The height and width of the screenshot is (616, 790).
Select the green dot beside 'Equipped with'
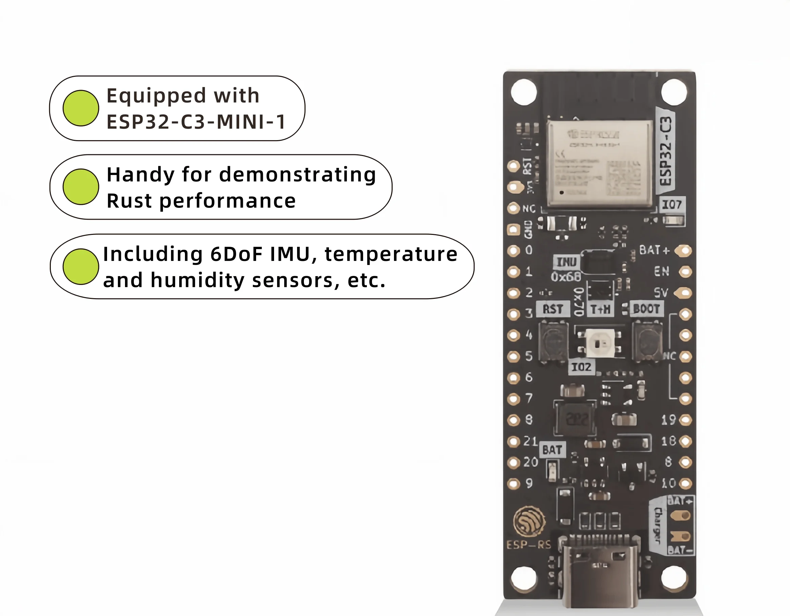point(81,108)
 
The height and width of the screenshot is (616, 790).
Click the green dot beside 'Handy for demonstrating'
point(81,186)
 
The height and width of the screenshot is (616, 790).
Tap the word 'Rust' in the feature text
point(129,201)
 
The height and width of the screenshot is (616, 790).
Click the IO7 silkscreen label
point(671,205)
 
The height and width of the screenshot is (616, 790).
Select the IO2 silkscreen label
point(581,367)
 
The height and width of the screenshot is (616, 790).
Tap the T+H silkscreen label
point(600,309)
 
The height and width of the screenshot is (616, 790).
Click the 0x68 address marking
point(566,277)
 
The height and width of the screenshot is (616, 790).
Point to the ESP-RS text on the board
point(528,545)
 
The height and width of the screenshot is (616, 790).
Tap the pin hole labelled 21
point(513,441)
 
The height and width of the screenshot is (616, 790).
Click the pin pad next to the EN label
point(685,271)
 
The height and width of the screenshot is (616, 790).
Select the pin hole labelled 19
point(685,420)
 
